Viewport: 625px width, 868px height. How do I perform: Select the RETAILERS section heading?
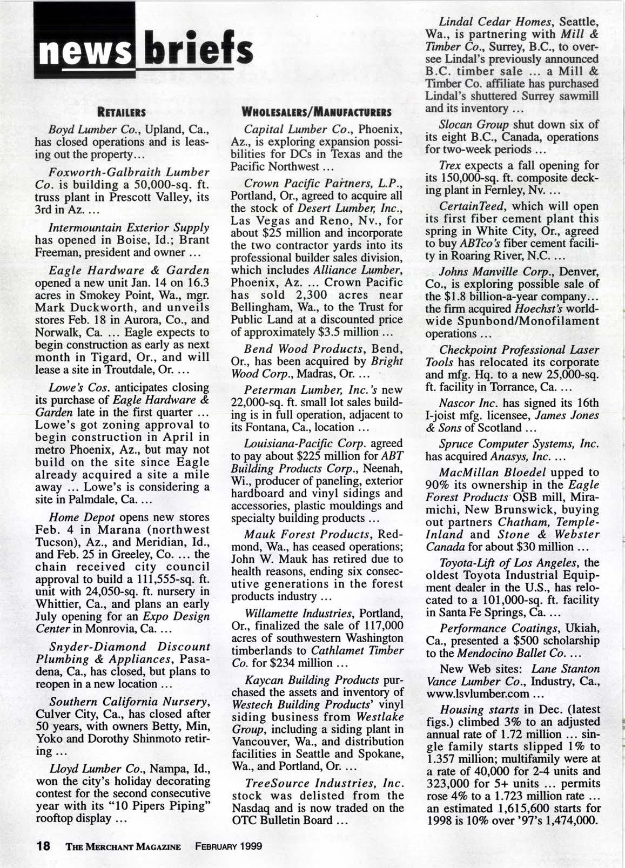coord(122,113)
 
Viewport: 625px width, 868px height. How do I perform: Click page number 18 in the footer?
coord(43,845)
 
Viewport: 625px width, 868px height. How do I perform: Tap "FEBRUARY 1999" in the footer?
coord(229,846)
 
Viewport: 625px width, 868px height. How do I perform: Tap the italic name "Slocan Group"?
coord(468,124)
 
